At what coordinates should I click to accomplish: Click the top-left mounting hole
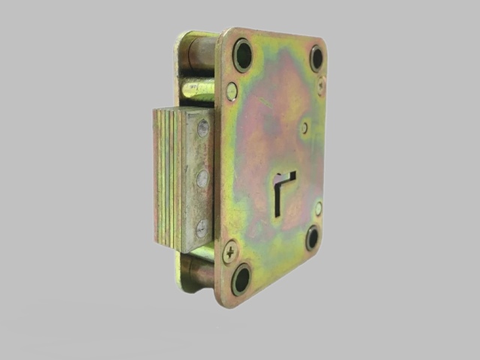(x=242, y=55)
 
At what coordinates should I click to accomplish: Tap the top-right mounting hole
(x=316, y=58)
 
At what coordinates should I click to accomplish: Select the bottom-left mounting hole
(x=241, y=279)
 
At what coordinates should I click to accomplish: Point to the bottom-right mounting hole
(x=313, y=238)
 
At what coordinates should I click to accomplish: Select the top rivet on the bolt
(x=202, y=129)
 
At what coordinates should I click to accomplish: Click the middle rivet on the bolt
(x=202, y=178)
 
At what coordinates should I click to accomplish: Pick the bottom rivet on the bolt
(x=201, y=229)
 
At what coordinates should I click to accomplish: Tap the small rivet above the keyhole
(x=304, y=127)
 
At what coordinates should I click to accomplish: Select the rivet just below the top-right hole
(x=321, y=87)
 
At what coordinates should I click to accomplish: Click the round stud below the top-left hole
(x=232, y=91)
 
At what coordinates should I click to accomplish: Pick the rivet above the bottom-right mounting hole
(x=318, y=208)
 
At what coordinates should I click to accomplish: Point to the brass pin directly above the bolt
(x=197, y=89)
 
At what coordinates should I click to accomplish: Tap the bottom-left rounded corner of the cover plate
(x=222, y=298)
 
